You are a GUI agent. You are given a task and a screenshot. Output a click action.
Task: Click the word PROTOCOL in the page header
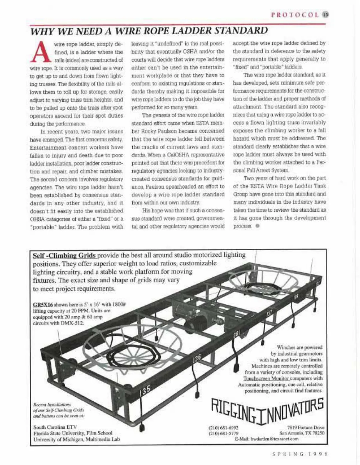295,15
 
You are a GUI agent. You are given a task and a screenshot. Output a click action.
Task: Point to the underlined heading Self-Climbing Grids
64,255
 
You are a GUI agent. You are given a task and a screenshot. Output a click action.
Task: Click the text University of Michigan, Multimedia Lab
76,439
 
